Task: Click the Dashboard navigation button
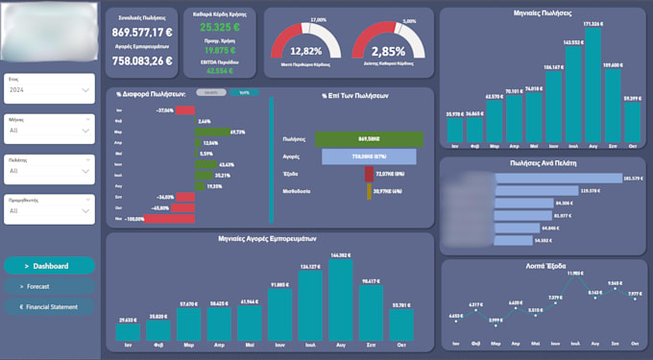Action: (49, 266)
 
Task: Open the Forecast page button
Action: (49, 286)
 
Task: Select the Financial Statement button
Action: (49, 307)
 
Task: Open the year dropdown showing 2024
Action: (49, 89)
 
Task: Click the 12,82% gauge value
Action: (304, 51)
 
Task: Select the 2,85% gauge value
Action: (387, 51)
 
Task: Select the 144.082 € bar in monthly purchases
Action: (341, 300)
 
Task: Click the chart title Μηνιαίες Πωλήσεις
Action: (542, 14)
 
